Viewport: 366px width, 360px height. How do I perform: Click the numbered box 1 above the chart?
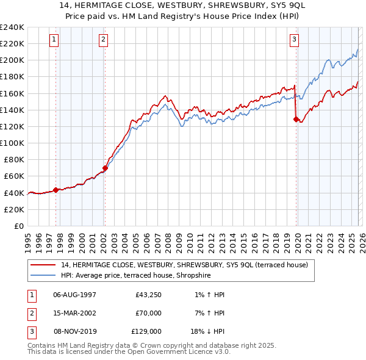[x=54, y=40]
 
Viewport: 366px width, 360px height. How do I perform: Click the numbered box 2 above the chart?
[x=103, y=40]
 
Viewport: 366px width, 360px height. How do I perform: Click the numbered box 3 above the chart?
[x=294, y=40]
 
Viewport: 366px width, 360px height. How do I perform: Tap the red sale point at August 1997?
[x=56, y=190]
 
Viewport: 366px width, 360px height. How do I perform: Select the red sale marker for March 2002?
[x=105, y=168]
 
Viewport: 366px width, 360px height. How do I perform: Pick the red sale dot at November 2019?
[x=296, y=120]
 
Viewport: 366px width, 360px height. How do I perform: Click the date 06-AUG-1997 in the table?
[x=75, y=295]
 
